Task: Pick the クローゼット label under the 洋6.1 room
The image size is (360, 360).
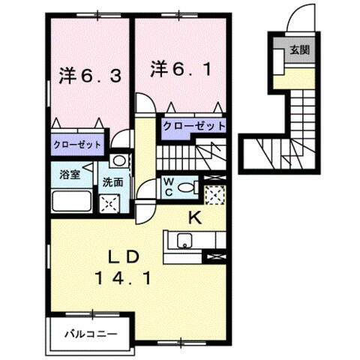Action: tap(193, 125)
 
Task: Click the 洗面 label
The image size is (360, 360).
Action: tap(113, 181)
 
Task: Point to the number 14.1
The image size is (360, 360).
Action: tap(125, 278)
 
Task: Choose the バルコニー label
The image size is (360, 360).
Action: tap(85, 331)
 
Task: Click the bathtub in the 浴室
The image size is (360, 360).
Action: tap(71, 202)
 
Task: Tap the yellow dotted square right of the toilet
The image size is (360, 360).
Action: tap(214, 194)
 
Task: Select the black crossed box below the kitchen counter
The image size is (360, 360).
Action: tap(214, 257)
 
